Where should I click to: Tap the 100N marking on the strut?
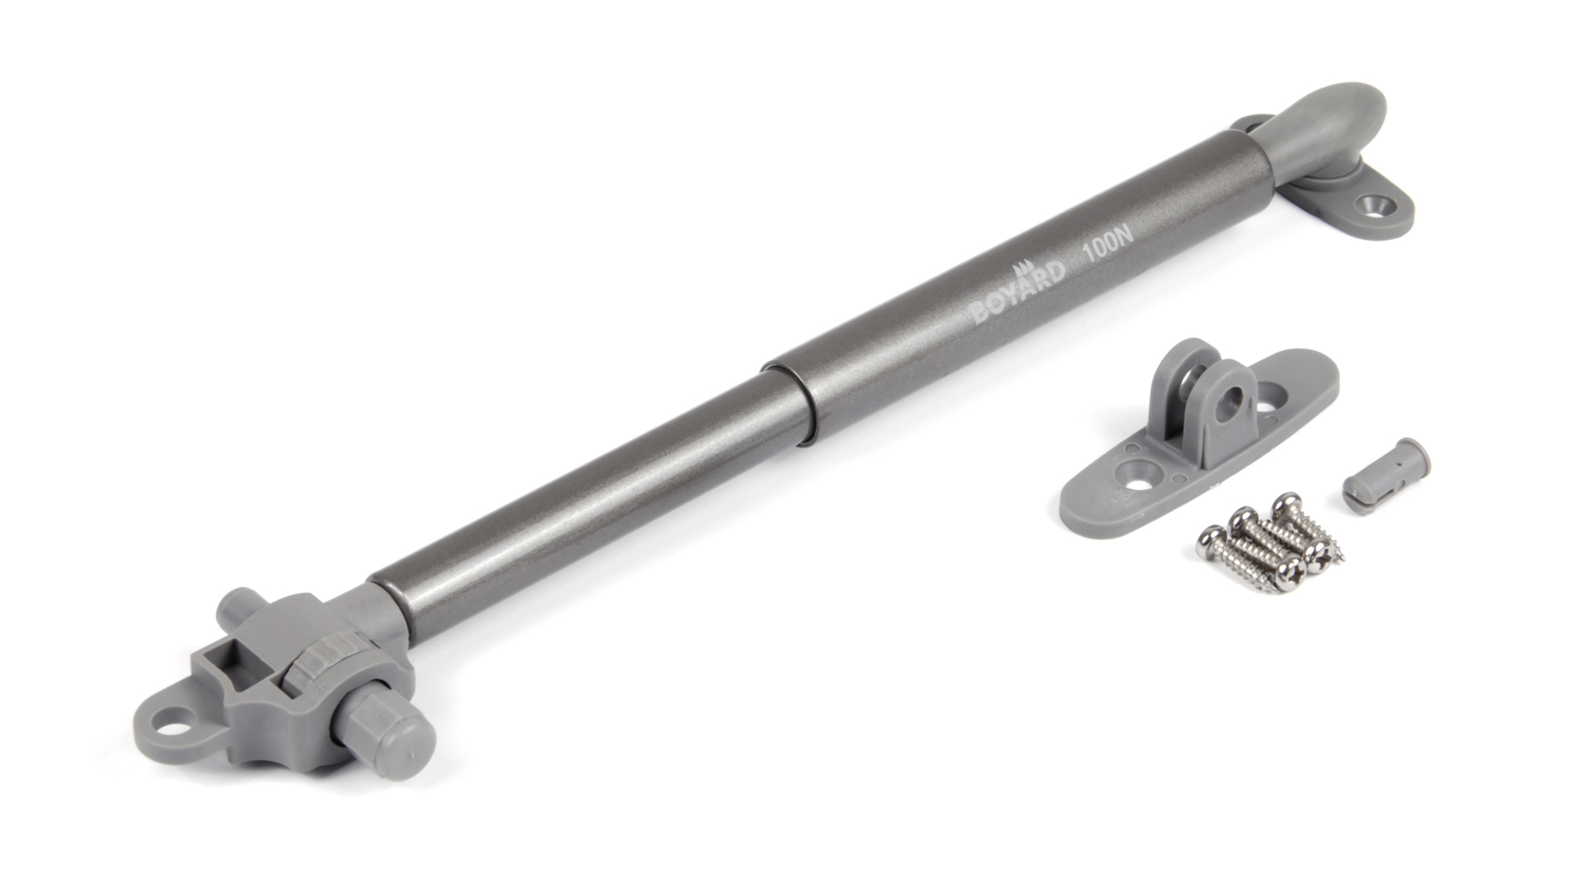pyautogui.click(x=1107, y=248)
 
